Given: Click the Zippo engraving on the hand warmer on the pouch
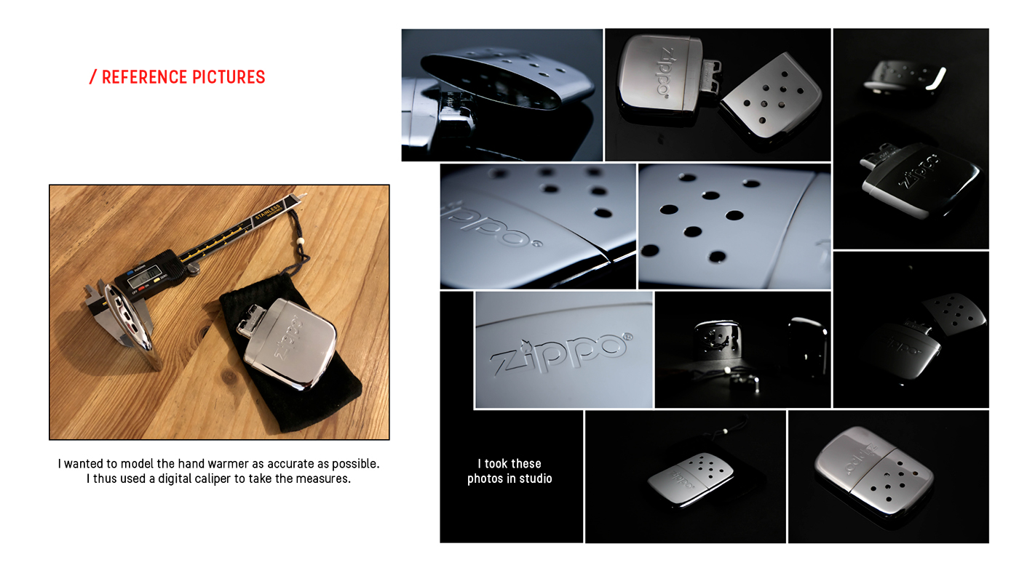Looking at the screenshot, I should tap(290, 337).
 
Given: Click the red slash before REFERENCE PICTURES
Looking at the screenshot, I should tap(92, 77).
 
